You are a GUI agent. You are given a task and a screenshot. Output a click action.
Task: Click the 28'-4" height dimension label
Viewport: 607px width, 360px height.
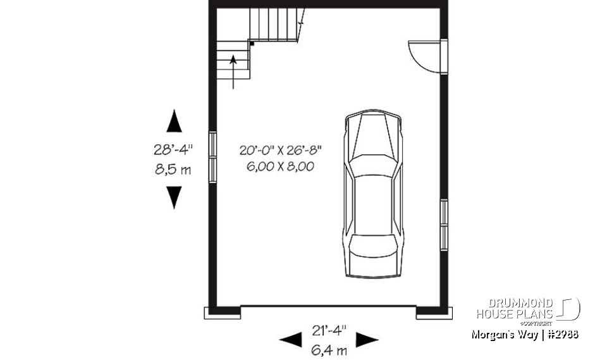(x=173, y=151)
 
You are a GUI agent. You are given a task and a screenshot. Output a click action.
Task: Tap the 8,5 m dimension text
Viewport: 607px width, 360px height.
(x=173, y=170)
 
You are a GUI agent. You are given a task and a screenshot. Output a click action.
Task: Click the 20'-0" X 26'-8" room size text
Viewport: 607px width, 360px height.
(x=281, y=151)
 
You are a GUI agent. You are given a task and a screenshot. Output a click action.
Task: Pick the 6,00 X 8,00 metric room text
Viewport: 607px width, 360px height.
(x=281, y=166)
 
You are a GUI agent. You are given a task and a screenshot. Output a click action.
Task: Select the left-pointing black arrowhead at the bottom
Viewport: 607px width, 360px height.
(x=291, y=340)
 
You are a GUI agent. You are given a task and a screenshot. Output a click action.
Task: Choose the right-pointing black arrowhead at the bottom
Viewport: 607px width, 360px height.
(x=367, y=340)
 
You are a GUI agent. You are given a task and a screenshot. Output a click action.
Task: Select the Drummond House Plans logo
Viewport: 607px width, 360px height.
(x=527, y=309)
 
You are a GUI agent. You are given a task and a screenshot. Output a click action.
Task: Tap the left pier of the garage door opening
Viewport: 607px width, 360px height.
(x=222, y=313)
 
